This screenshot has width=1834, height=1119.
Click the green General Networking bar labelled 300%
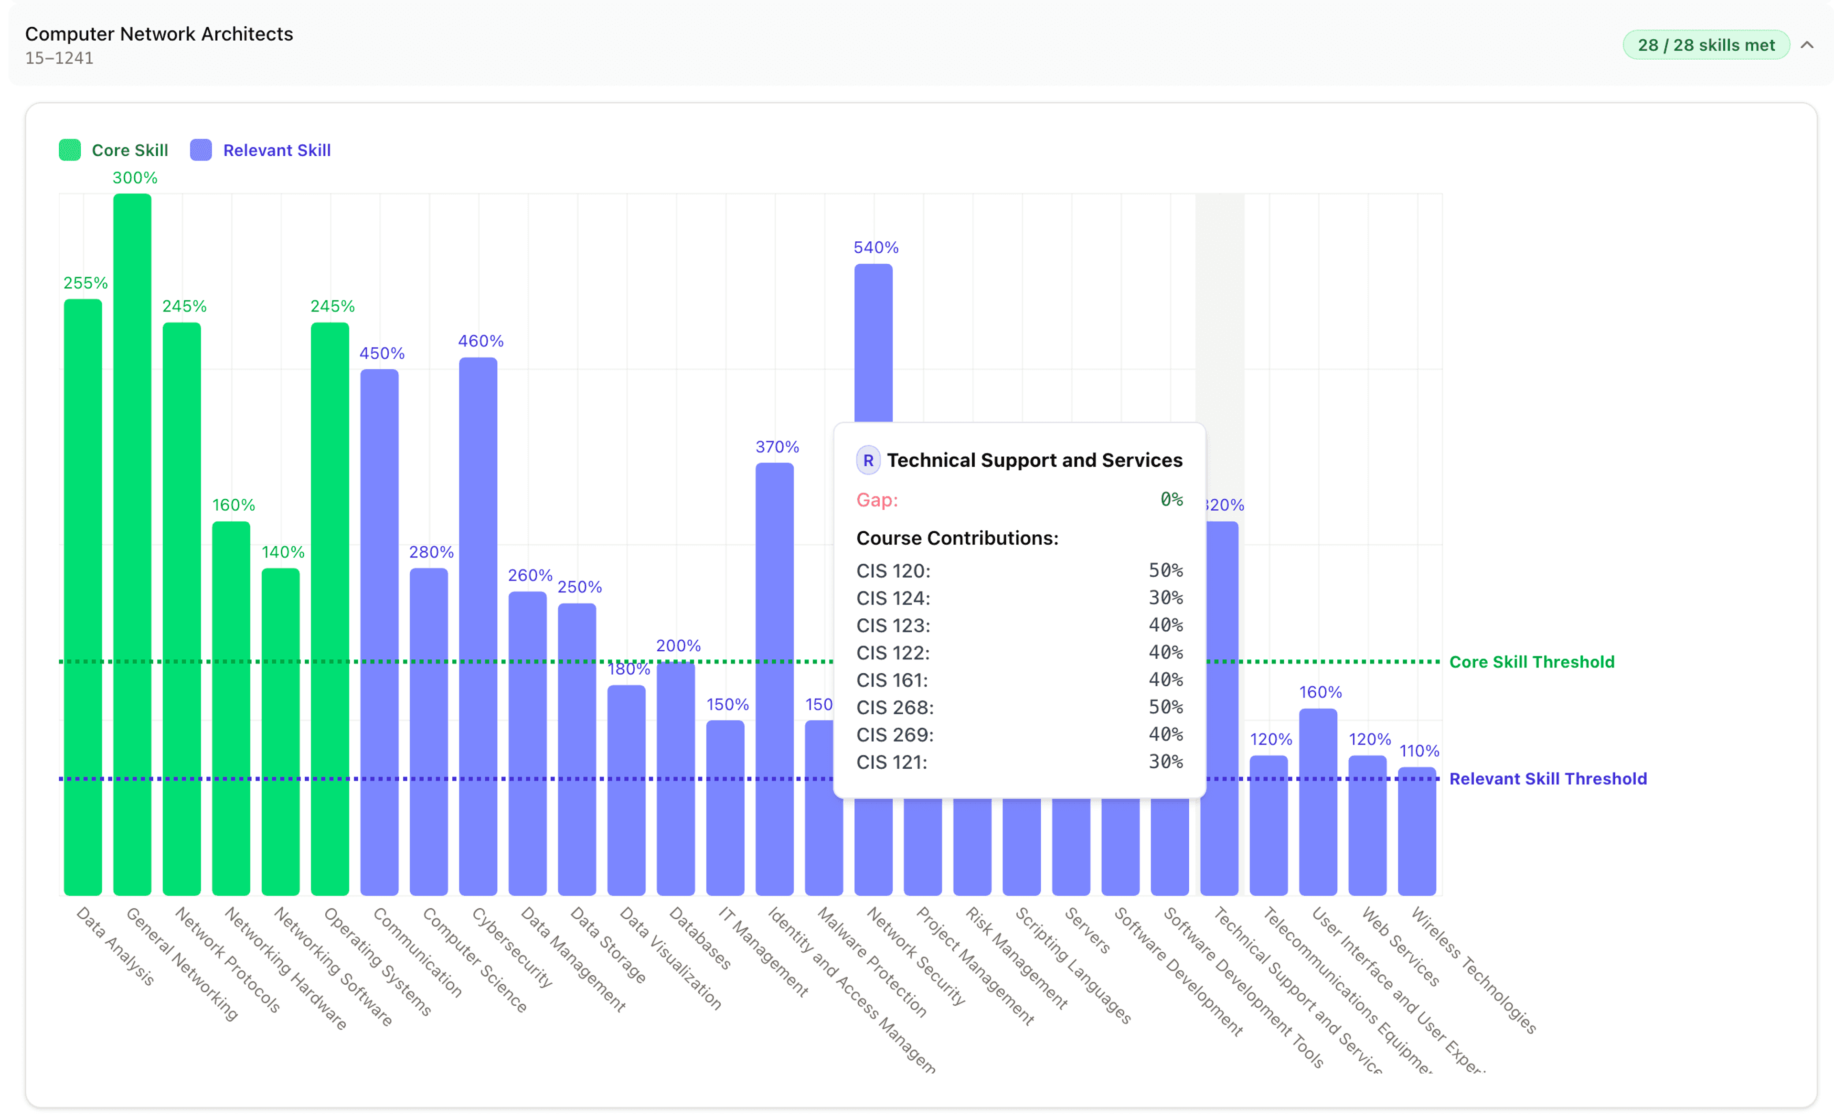(132, 543)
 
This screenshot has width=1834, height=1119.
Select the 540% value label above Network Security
(875, 247)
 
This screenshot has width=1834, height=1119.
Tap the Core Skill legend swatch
(70, 150)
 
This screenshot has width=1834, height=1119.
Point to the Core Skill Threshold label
(1531, 662)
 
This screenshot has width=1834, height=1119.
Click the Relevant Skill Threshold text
(1547, 779)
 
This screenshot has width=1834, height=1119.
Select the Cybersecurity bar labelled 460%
(478, 625)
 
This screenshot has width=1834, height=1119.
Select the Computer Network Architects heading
(160, 34)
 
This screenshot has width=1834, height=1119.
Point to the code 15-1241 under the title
(60, 58)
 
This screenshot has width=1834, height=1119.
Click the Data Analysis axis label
(116, 946)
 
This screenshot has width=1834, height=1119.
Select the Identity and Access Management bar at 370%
(774, 678)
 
